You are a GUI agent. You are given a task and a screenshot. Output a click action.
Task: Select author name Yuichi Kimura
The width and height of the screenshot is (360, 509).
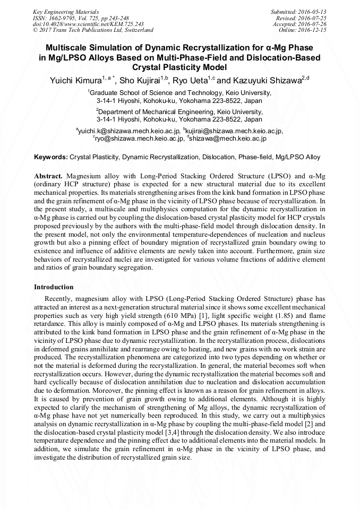72,80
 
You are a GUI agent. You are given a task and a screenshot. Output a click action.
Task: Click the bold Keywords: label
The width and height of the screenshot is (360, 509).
51,158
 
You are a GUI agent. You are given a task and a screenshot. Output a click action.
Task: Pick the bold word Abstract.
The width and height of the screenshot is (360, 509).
48,176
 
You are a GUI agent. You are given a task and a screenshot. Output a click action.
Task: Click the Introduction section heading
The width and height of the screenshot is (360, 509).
54,287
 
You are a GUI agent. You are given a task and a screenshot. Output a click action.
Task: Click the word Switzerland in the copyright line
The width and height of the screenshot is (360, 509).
135,30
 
